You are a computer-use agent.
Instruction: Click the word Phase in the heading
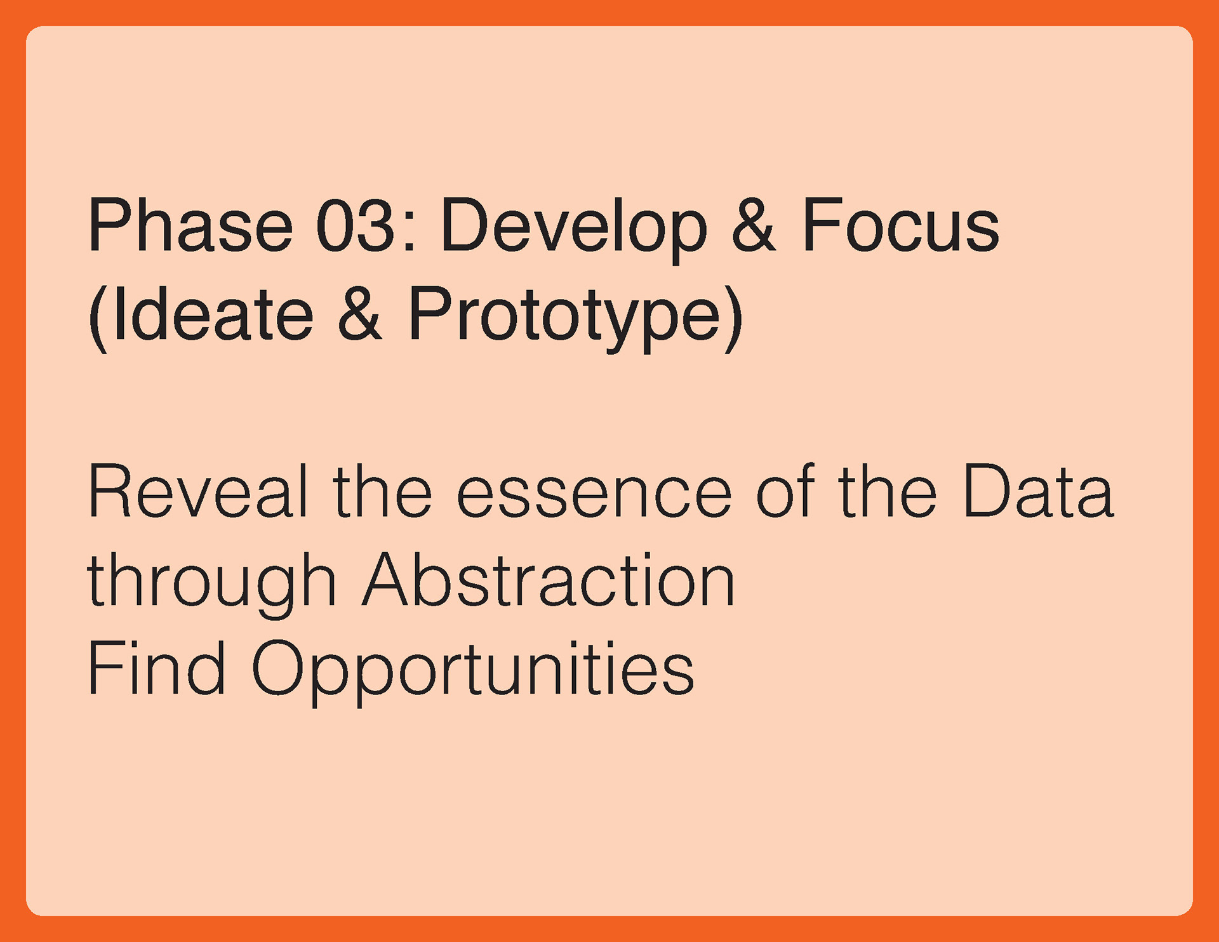pos(190,225)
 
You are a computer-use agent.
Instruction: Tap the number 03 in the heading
pos(357,225)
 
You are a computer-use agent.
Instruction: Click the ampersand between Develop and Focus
pos(754,225)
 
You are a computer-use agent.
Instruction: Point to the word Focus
pos(900,225)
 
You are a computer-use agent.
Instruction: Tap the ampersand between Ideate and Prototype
pos(360,314)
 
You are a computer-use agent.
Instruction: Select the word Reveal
pos(197,491)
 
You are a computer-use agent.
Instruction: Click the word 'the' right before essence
pos(382,491)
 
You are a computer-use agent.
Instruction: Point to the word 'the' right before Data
pos(888,491)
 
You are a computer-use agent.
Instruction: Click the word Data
pos(1038,491)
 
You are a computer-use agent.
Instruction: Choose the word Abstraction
pos(549,580)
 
